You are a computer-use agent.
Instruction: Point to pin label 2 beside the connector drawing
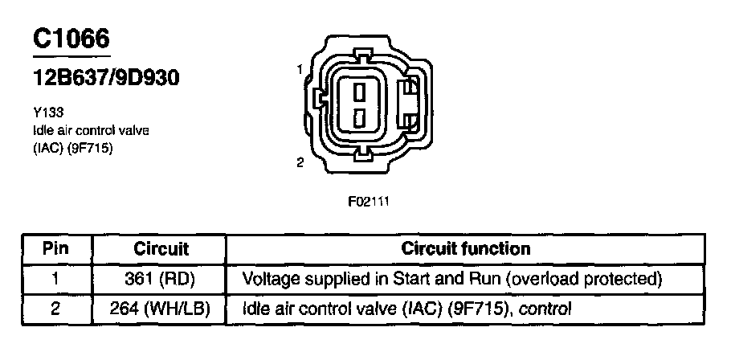tap(299, 162)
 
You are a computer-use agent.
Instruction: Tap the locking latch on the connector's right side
tap(410, 104)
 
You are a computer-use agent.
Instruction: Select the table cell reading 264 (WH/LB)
tap(161, 308)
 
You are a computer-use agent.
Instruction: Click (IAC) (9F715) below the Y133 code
tap(67, 146)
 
